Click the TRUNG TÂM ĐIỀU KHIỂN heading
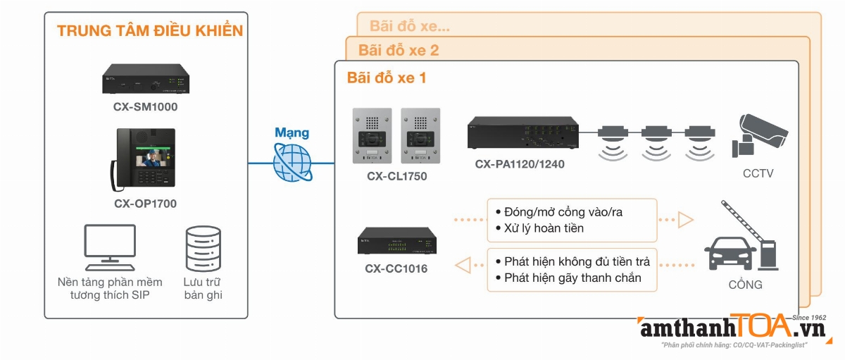coord(149,31)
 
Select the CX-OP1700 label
coord(145,204)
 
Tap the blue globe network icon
coord(292,163)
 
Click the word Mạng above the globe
coord(292,132)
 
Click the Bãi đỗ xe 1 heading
coord(387,77)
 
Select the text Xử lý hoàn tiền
coord(544,228)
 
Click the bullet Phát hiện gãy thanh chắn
coord(572,278)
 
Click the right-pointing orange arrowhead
coord(685,220)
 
